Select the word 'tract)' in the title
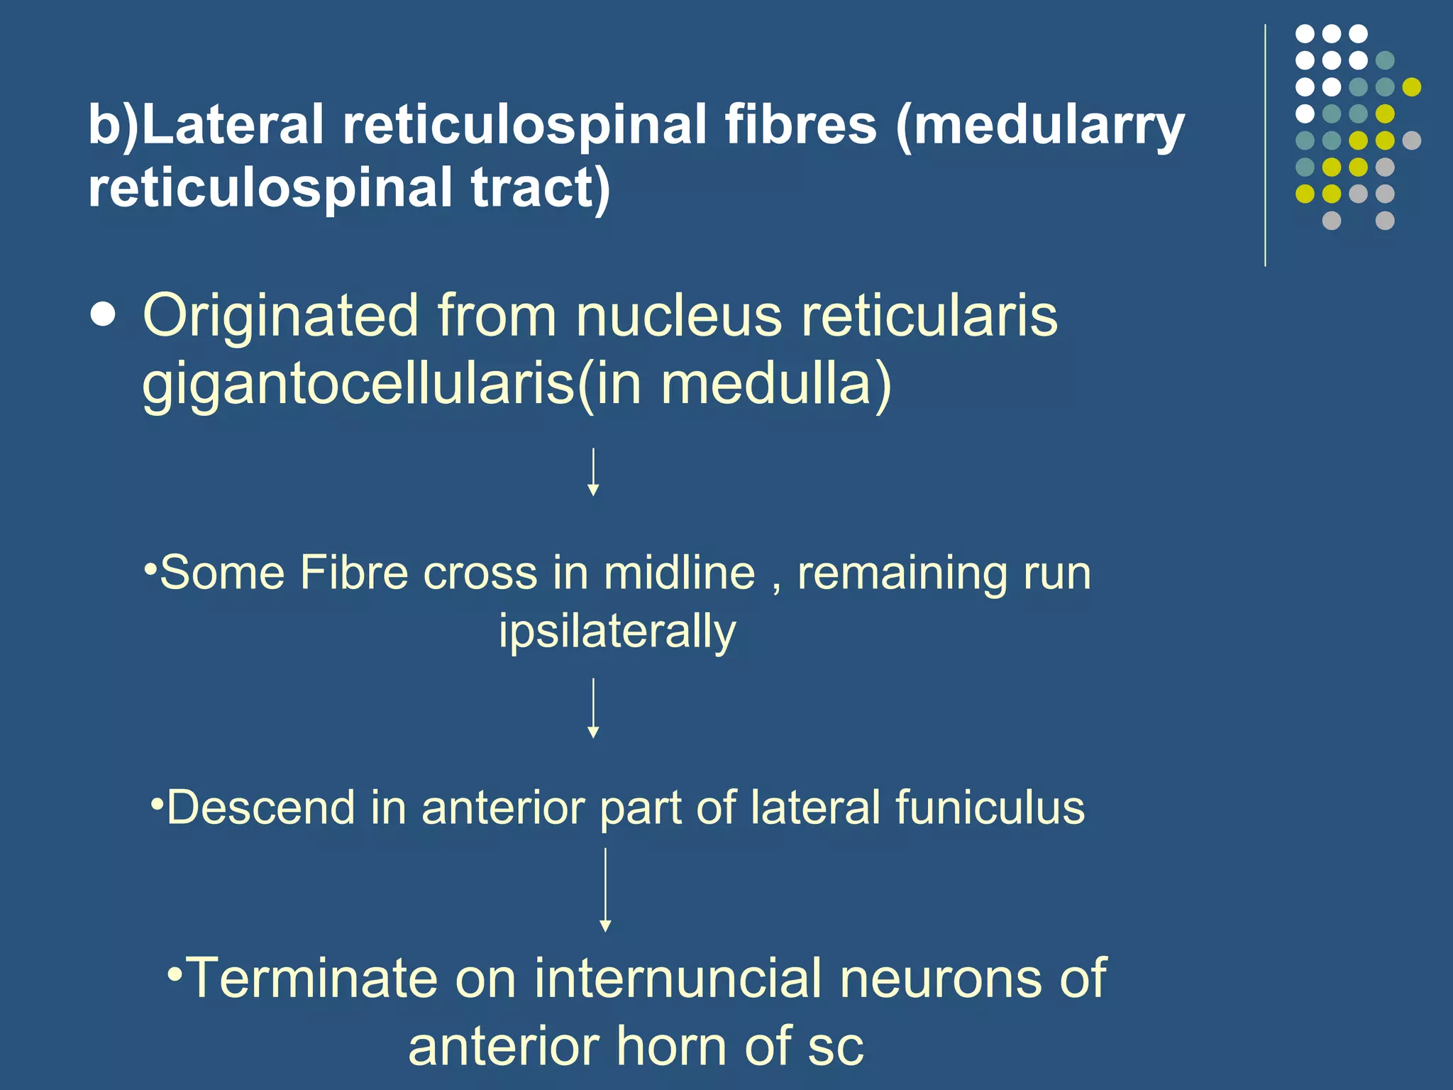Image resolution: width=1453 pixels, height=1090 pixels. tap(540, 189)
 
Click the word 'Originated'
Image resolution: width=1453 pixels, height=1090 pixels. tap(281, 316)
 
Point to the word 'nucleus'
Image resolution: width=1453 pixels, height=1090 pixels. tap(679, 315)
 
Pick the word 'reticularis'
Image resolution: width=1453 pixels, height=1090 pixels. tap(929, 315)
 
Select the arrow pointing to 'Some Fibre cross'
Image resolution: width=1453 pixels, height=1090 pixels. tap(594, 472)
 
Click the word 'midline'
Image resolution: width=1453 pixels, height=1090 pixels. tap(680, 573)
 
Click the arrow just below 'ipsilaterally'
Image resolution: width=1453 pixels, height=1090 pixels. tap(594, 708)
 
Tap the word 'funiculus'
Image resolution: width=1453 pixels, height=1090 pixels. tap(990, 808)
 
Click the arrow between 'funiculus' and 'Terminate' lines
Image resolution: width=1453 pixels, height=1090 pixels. tap(605, 890)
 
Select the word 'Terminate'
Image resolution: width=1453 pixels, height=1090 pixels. tap(311, 978)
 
